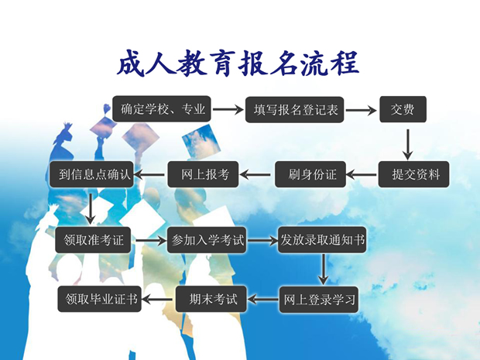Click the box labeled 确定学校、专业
pos(162,109)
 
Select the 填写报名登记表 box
pos(294,110)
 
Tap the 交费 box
pos(403,109)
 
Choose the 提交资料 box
pos(414,174)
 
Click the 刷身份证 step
pos(310,174)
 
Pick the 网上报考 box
pos(203,174)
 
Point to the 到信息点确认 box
pos(91,174)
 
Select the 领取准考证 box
pos(93,240)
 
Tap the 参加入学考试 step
pos(207,240)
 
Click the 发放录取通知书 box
pos(322,240)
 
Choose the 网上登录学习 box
pos(319,300)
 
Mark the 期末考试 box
pos(211,299)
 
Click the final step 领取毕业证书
pos(100,299)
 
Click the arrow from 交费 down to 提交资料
pos(407,145)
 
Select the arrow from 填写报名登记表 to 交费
pos(362,110)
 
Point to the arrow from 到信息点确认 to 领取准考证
pos(90,209)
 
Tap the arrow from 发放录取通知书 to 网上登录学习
pos(323,269)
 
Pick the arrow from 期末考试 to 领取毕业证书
pos(158,299)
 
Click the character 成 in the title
pos(131,63)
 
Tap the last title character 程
pos(345,63)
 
